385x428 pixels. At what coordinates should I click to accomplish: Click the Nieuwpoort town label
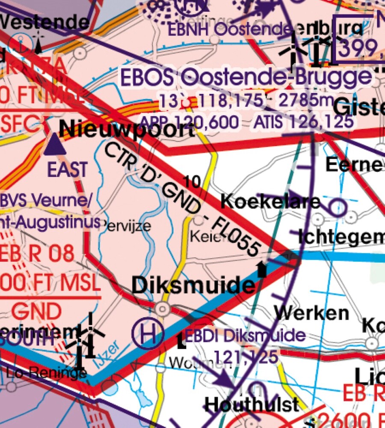(x=126, y=129)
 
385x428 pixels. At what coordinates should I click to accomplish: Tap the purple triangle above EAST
(x=54, y=145)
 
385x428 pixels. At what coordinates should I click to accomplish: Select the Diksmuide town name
(x=192, y=285)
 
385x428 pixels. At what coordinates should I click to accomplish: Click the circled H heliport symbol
(x=148, y=334)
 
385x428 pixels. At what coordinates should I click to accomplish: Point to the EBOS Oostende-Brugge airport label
(x=246, y=78)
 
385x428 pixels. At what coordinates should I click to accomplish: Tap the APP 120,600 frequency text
(x=190, y=122)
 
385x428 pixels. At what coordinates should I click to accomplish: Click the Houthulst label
(x=252, y=404)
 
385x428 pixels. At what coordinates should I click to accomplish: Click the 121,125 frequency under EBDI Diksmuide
(x=246, y=356)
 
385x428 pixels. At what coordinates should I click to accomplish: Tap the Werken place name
(x=312, y=313)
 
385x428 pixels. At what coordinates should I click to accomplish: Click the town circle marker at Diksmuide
(x=163, y=309)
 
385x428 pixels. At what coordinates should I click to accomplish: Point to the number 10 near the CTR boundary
(x=193, y=182)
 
